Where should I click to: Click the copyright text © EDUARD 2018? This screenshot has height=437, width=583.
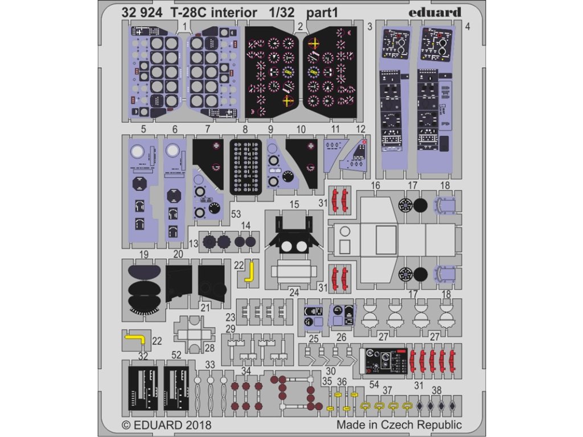coord(167,425)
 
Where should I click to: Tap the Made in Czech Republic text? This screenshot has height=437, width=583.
coord(399,425)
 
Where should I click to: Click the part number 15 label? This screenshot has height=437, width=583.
coord(294,203)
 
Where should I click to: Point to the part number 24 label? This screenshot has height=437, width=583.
coord(294,292)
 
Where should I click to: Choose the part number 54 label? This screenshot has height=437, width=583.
coord(373,385)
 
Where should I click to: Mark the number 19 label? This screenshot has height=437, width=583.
coord(143,253)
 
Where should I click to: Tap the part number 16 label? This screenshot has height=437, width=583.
coord(375,185)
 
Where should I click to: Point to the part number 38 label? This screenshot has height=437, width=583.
coord(437,390)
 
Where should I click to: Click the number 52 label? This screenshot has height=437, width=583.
coord(176,356)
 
